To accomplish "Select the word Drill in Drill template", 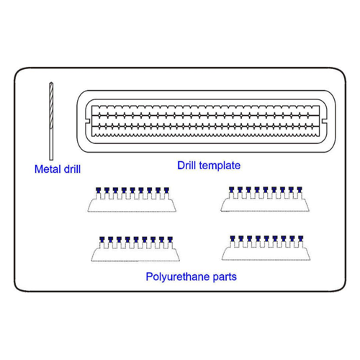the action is coord(186,166).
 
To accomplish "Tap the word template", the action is coord(220,166).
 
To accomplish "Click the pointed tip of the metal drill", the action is coord(51,83).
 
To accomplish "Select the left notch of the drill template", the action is coord(88,121).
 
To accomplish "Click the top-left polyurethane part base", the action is coord(132,206).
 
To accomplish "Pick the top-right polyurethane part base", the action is coord(265,205).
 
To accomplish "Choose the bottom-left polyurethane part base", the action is coord(135,255).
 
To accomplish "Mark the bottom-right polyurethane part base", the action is coord(266,254).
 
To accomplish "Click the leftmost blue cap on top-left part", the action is coord(98,190).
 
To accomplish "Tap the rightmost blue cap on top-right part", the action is coord(300,189).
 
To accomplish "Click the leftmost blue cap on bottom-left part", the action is coord(102,240).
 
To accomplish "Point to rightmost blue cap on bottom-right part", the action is coord(300,238).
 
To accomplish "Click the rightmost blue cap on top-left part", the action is coord(166,191).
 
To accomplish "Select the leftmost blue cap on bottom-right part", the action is coord(233,238).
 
